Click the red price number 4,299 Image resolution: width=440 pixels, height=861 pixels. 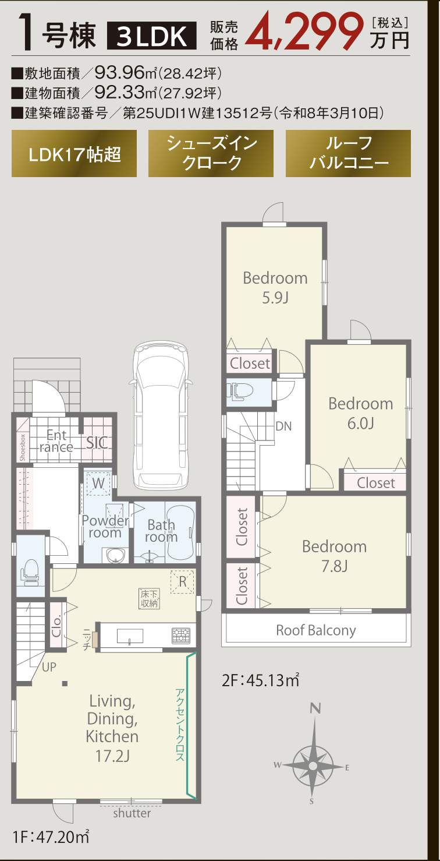pyautogui.click(x=305, y=31)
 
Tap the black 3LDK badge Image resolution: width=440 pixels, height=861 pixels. pyautogui.click(x=152, y=36)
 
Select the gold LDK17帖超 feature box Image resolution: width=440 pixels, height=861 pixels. pyautogui.click(x=74, y=154)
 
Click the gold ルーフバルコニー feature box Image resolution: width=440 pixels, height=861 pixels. pyautogui.click(x=348, y=154)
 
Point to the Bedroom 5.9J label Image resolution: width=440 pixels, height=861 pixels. pyautogui.click(x=275, y=288)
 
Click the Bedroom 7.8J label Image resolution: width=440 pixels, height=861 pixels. pyautogui.click(x=335, y=556)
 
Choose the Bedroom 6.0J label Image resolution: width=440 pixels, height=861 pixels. pyautogui.click(x=361, y=413)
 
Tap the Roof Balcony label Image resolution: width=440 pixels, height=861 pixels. pyautogui.click(x=316, y=630)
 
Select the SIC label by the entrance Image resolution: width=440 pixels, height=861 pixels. pyautogui.click(x=97, y=443)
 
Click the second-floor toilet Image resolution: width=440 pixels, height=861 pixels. pyautogui.click(x=242, y=391)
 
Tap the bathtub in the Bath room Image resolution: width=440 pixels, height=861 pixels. pyautogui.click(x=180, y=533)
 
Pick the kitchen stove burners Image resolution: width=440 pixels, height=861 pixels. pyautogui.click(x=180, y=636)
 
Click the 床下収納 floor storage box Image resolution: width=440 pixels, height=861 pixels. pyautogui.click(x=150, y=598)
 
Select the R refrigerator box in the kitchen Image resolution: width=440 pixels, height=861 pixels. pyautogui.click(x=182, y=581)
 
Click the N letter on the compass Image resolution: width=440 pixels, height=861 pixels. pyautogui.click(x=315, y=708)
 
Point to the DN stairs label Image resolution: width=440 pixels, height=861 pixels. pyautogui.click(x=283, y=426)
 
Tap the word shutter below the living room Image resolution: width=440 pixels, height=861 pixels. pyautogui.click(x=132, y=813)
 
